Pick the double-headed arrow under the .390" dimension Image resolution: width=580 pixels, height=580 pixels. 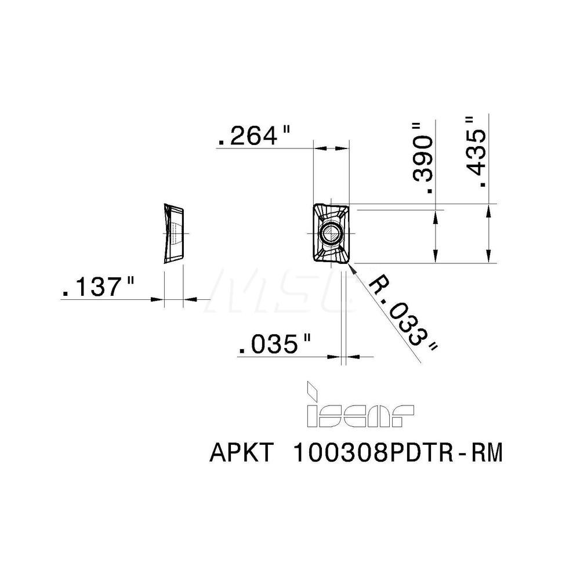click(x=436, y=237)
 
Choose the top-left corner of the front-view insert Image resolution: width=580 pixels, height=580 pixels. click(x=315, y=205)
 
